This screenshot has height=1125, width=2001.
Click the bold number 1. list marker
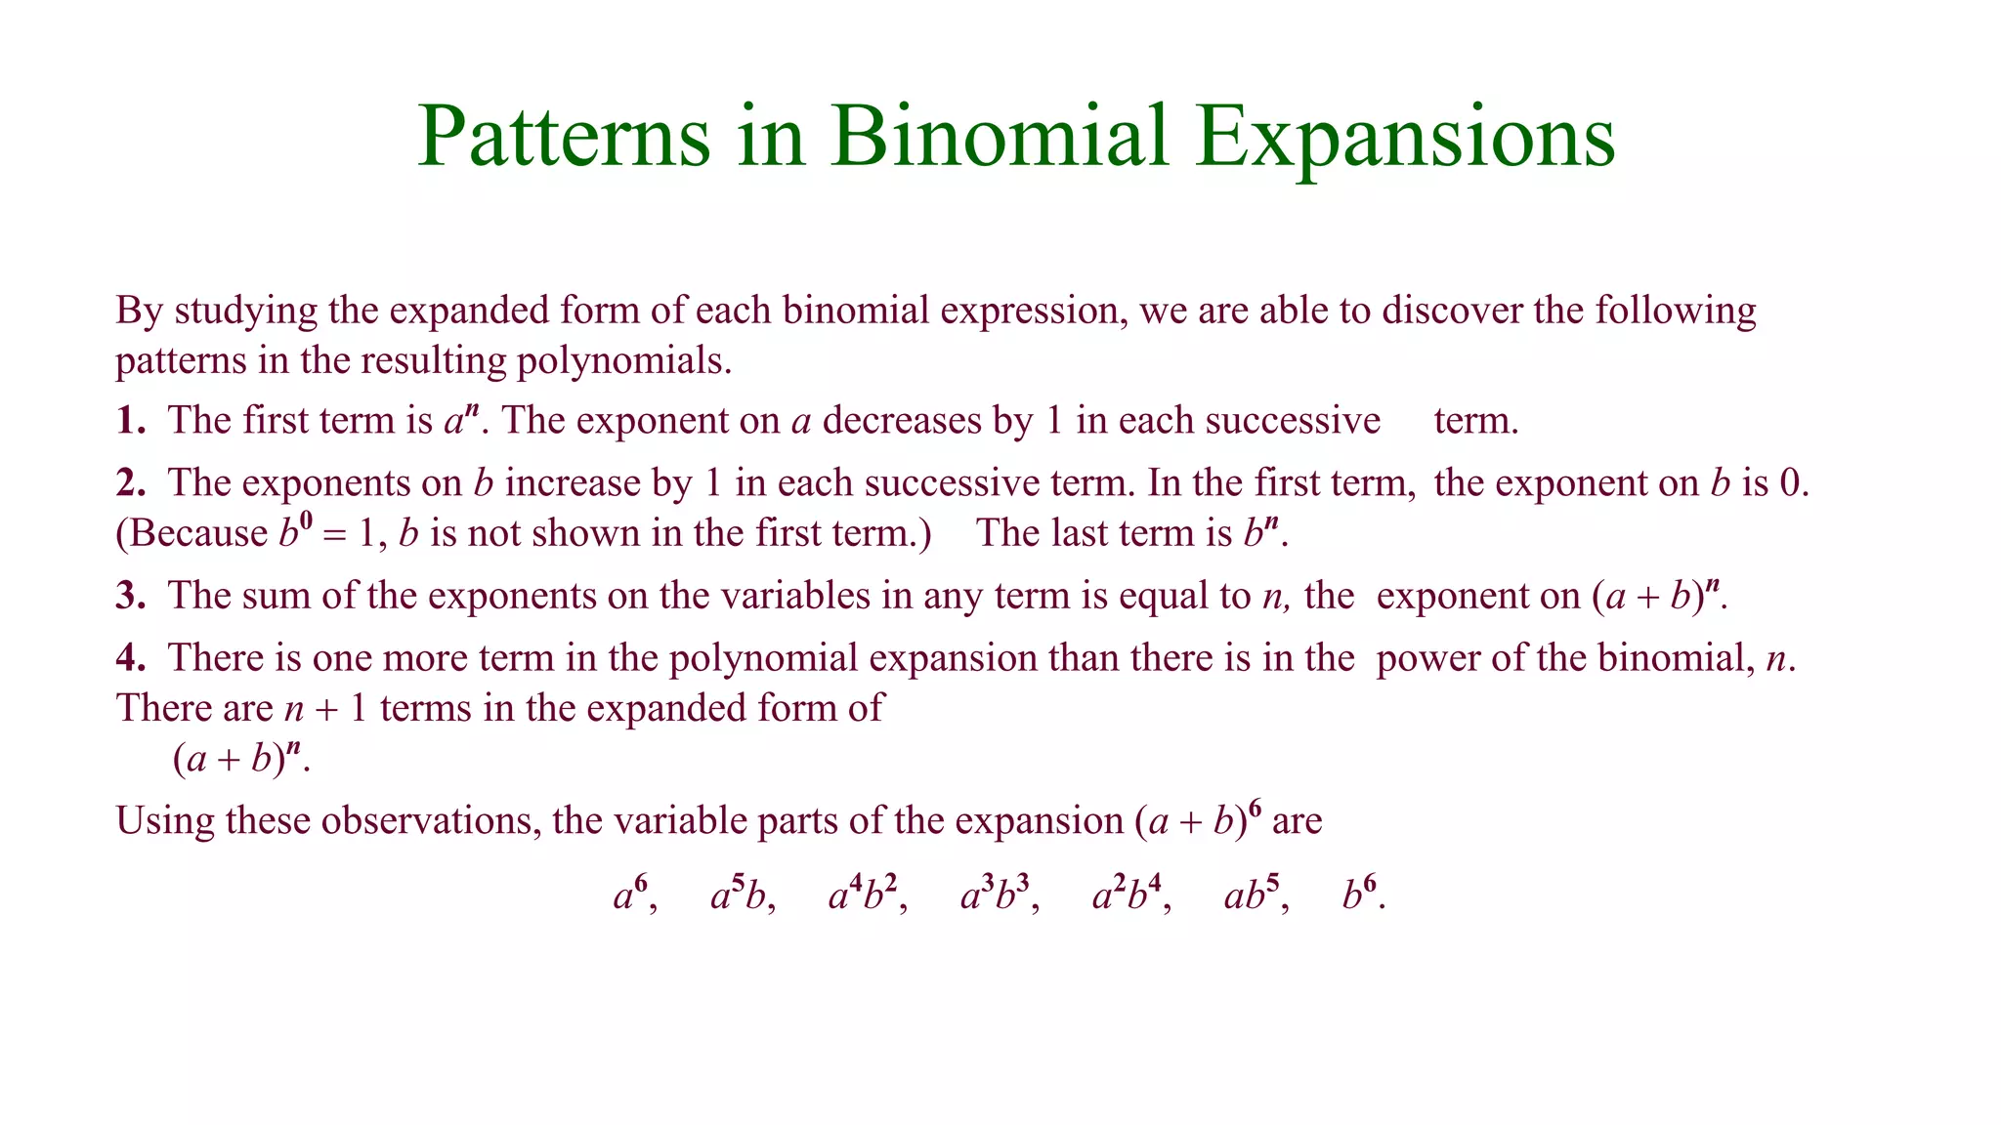pos(131,421)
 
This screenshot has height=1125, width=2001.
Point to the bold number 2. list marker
pos(131,483)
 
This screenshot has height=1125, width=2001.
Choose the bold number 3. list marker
pos(131,596)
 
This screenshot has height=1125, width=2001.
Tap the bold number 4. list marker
pos(131,658)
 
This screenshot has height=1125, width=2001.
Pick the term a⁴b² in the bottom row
pos(862,894)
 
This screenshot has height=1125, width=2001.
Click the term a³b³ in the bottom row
pos(994,894)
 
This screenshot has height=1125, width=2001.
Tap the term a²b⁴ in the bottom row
pos(1127,894)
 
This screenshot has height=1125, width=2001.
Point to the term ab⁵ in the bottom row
pos(1251,894)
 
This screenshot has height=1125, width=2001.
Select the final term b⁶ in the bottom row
pos(1359,894)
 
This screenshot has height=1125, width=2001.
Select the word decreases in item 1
pos(901,421)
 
